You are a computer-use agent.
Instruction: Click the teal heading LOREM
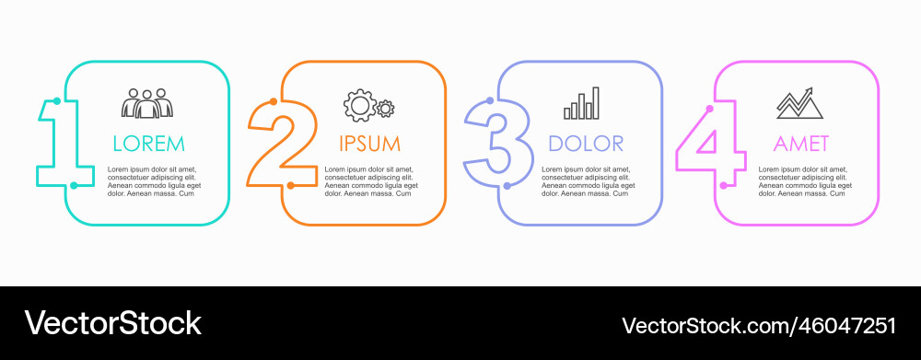pos(148,144)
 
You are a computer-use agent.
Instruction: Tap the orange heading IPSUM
pos(369,144)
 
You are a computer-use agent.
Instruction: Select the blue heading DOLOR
pos(586,144)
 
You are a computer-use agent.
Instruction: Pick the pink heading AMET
pos(801,144)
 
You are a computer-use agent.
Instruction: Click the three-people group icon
pos(147,103)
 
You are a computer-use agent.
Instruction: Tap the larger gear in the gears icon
pos(357,105)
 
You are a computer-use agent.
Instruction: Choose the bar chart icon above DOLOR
pos(582,103)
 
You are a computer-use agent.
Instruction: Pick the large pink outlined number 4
pos(710,147)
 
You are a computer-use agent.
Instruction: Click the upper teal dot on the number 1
pos(57,100)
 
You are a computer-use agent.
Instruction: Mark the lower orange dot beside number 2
pos(290,185)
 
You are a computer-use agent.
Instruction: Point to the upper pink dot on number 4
pos(709,109)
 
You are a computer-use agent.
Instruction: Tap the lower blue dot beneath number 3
pos(507,185)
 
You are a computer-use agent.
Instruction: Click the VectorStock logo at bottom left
pos(112,323)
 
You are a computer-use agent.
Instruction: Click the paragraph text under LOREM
pos(153,181)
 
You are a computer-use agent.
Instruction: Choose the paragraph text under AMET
pos(804,181)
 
